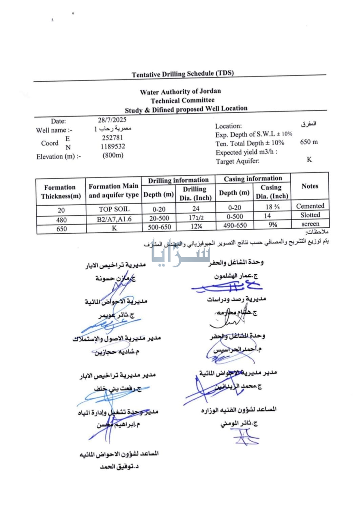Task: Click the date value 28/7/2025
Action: (112, 120)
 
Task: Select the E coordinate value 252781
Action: (112, 138)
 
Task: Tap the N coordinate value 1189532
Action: (113, 146)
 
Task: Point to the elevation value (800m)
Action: (113, 155)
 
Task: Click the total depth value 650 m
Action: (309, 142)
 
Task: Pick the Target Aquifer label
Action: (238, 161)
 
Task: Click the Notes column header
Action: (310, 186)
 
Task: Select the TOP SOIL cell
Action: (114, 209)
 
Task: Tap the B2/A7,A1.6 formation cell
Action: (114, 219)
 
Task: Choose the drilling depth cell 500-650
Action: (159, 227)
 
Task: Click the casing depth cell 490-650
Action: (235, 225)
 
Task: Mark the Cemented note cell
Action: (310, 206)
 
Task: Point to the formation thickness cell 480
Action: (61, 220)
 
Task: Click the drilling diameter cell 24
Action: (196, 208)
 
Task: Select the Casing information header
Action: (253, 178)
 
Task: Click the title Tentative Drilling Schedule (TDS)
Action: (183, 73)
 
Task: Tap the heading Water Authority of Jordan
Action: (180, 91)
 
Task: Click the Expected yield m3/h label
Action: (246, 152)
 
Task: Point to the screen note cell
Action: (310, 224)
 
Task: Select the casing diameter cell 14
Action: (267, 216)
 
